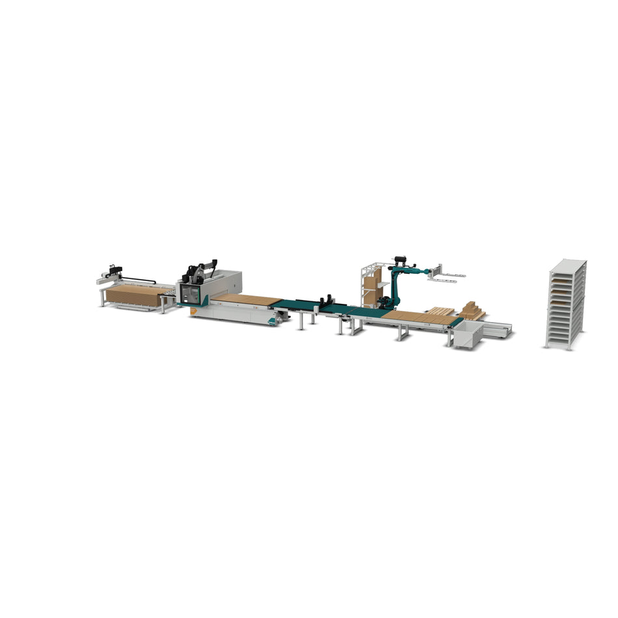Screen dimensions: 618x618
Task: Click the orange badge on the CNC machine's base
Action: point(194,311)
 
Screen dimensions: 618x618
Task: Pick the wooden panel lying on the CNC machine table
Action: point(247,299)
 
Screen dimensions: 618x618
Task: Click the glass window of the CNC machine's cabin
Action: point(189,293)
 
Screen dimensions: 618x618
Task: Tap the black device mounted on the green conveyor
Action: point(327,301)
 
